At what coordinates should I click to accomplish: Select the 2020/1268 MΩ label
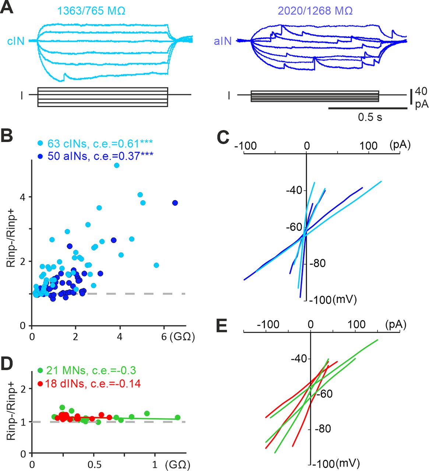coord(315,11)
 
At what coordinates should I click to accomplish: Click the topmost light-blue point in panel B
coord(117,165)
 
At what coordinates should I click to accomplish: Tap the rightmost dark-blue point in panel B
coord(175,203)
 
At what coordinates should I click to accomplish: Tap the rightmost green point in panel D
coord(177,417)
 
